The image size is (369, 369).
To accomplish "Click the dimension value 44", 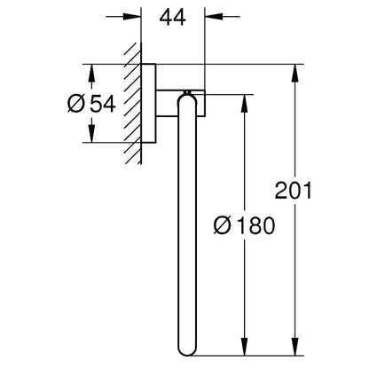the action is coord(173,17).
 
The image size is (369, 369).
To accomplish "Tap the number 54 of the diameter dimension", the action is coord(103,104).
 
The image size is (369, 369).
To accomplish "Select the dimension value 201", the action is coord(294,191).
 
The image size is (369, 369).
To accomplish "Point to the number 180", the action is coord(256,225).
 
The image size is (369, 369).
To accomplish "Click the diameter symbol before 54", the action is coord(76,104).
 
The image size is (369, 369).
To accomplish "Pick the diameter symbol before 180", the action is coord(223,225).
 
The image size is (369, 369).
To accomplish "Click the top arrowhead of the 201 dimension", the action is coord(294,73).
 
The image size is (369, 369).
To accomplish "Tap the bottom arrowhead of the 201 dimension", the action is coord(294,346).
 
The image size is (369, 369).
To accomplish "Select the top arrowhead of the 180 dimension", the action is coord(244,104).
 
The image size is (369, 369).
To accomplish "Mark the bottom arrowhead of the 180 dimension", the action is coord(244,346).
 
